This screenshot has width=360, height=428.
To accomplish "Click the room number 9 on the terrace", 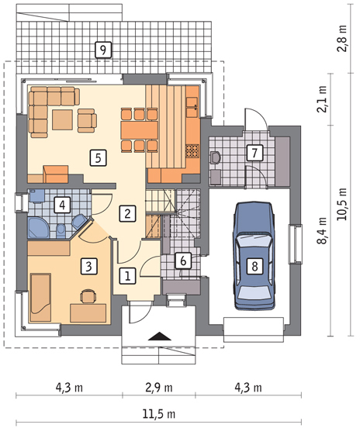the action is click(x=103, y=50).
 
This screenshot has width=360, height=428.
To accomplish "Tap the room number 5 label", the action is click(x=98, y=157).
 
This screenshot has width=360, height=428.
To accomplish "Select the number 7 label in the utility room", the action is click(x=254, y=153).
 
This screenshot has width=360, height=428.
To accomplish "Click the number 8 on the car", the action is click(x=254, y=266).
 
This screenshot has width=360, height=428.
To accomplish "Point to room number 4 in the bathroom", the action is click(x=62, y=205).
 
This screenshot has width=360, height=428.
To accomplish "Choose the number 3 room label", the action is click(x=88, y=266).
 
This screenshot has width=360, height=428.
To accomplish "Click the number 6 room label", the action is click(x=183, y=261).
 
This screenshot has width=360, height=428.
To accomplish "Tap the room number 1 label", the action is click(x=127, y=276).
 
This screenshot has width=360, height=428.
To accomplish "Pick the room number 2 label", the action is click(x=127, y=213).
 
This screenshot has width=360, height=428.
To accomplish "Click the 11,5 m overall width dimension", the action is click(x=159, y=414).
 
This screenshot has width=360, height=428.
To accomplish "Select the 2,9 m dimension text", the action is click(x=159, y=388).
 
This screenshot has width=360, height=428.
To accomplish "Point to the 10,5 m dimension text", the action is click(x=341, y=204).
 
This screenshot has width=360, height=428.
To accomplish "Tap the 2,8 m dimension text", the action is click(x=341, y=38).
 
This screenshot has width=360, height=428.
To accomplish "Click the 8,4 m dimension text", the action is click(x=322, y=230).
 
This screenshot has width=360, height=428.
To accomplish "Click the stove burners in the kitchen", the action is click(x=192, y=151).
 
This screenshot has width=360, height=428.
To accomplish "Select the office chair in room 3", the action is click(x=88, y=296).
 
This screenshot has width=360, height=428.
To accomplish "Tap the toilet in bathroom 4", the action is click(x=61, y=231).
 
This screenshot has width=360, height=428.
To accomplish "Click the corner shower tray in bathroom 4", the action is click(x=38, y=228).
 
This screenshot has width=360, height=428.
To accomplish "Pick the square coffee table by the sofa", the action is click(x=62, y=120).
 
